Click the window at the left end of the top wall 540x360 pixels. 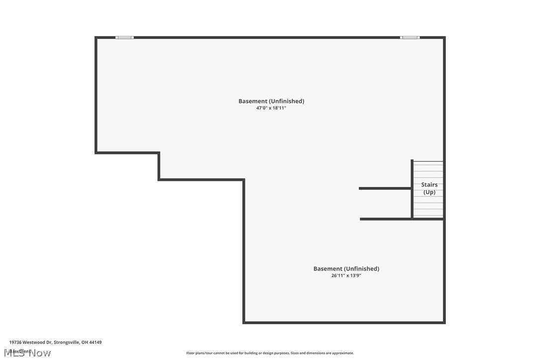pyautogui.click(x=124, y=37)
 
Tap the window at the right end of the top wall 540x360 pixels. pyautogui.click(x=410, y=37)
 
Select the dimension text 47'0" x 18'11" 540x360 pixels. pyautogui.click(x=271, y=108)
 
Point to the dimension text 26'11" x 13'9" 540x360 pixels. pyautogui.click(x=346, y=275)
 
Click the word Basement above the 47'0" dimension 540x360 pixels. pyautogui.click(x=253, y=101)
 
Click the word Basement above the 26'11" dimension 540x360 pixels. pyautogui.click(x=328, y=269)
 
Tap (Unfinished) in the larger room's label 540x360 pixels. pyautogui.click(x=287, y=101)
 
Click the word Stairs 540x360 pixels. pyautogui.click(x=429, y=185)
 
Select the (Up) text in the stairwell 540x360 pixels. pyautogui.click(x=429, y=192)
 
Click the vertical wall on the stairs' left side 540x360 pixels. pyautogui.click(x=412, y=189)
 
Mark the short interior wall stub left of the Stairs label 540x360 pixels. pyautogui.click(x=384, y=188)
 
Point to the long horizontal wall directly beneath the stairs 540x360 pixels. pyautogui.click(x=401, y=219)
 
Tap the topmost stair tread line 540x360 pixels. pyautogui.click(x=428, y=162)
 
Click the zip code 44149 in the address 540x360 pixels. pyautogui.click(x=95, y=342)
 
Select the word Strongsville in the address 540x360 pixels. pyautogui.click(x=67, y=342)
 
